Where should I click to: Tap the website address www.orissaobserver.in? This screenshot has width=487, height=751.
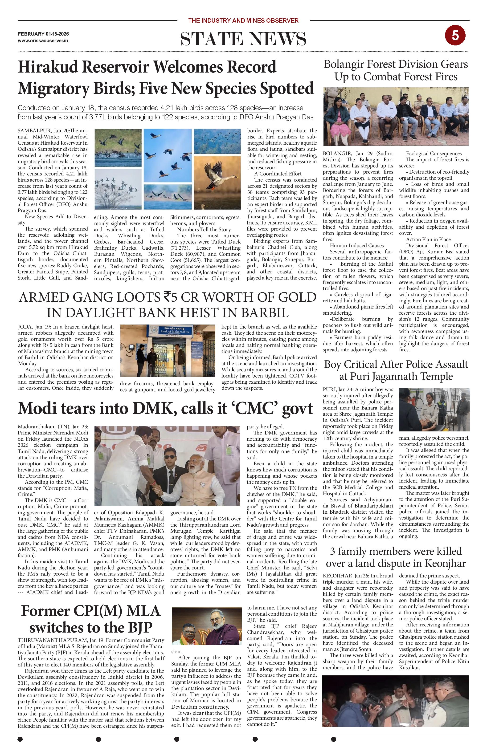point(43,41)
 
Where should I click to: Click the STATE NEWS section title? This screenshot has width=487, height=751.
point(243,39)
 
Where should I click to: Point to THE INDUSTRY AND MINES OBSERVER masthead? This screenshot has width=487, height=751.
point(243,20)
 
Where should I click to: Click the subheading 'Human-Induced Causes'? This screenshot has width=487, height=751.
point(357,245)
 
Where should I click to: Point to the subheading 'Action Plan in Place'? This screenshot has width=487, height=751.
point(428,240)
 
